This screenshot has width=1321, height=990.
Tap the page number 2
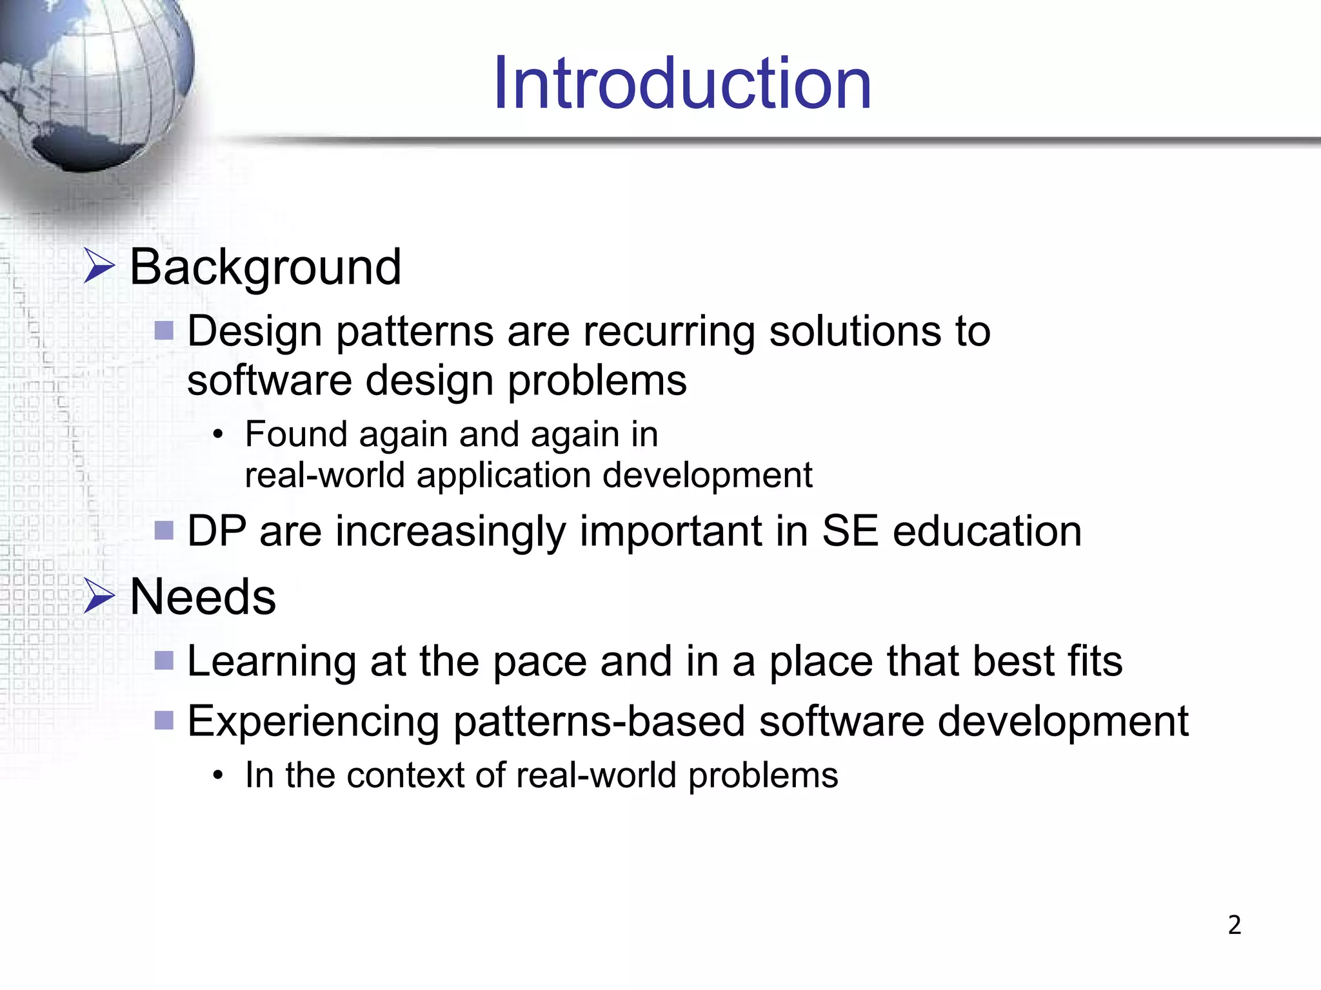1234,925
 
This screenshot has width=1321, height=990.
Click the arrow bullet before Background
99,267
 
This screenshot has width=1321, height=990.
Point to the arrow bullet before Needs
99,596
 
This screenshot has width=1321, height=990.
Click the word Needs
203,597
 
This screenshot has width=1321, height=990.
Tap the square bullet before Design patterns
164,331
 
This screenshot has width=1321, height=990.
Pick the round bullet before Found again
219,436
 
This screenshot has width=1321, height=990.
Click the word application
503,476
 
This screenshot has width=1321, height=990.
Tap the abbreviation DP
217,532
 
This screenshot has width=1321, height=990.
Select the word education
987,532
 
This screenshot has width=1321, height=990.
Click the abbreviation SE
849,532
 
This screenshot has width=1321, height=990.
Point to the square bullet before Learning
164,661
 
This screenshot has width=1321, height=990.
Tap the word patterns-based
599,721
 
